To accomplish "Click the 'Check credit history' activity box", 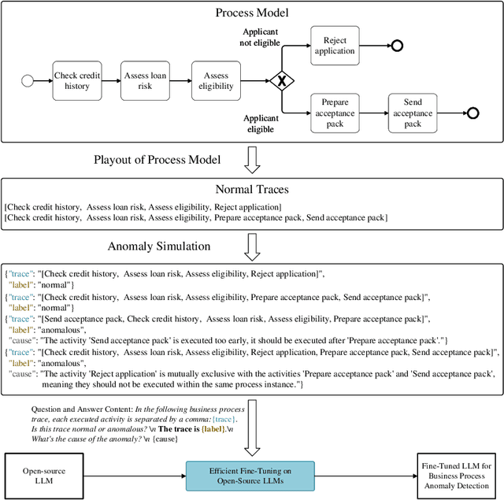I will pyautogui.click(x=77, y=81).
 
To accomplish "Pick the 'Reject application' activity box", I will pyautogui.click(x=335, y=45).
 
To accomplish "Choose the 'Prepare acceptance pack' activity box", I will pyautogui.click(x=335, y=113).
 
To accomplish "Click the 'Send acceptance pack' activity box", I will pyautogui.click(x=413, y=113).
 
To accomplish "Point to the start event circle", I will pyautogui.click(x=29, y=81).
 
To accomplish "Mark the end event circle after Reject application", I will pyautogui.click(x=398, y=46).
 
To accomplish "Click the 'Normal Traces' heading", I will pyautogui.click(x=252, y=189).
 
